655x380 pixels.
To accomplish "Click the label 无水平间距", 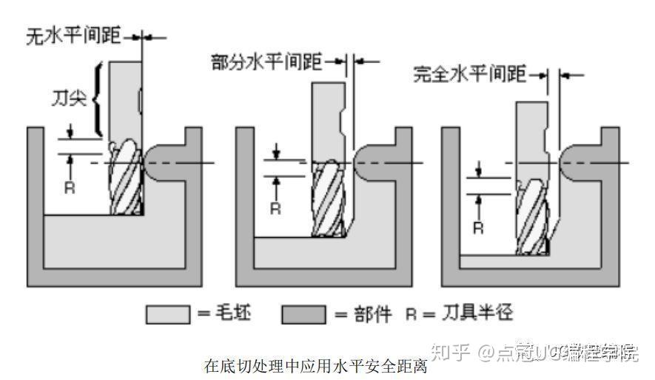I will [73, 35].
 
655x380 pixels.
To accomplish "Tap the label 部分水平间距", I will [266, 62].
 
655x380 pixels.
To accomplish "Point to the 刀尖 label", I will [69, 98].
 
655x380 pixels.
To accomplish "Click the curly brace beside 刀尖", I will [97, 97].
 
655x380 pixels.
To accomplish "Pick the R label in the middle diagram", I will [275, 208].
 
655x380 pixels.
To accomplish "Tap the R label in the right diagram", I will [478, 227].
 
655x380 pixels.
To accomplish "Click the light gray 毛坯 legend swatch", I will [168, 314].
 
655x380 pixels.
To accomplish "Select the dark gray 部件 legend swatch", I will [303, 314].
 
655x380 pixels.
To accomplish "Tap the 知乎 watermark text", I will [451, 350].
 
